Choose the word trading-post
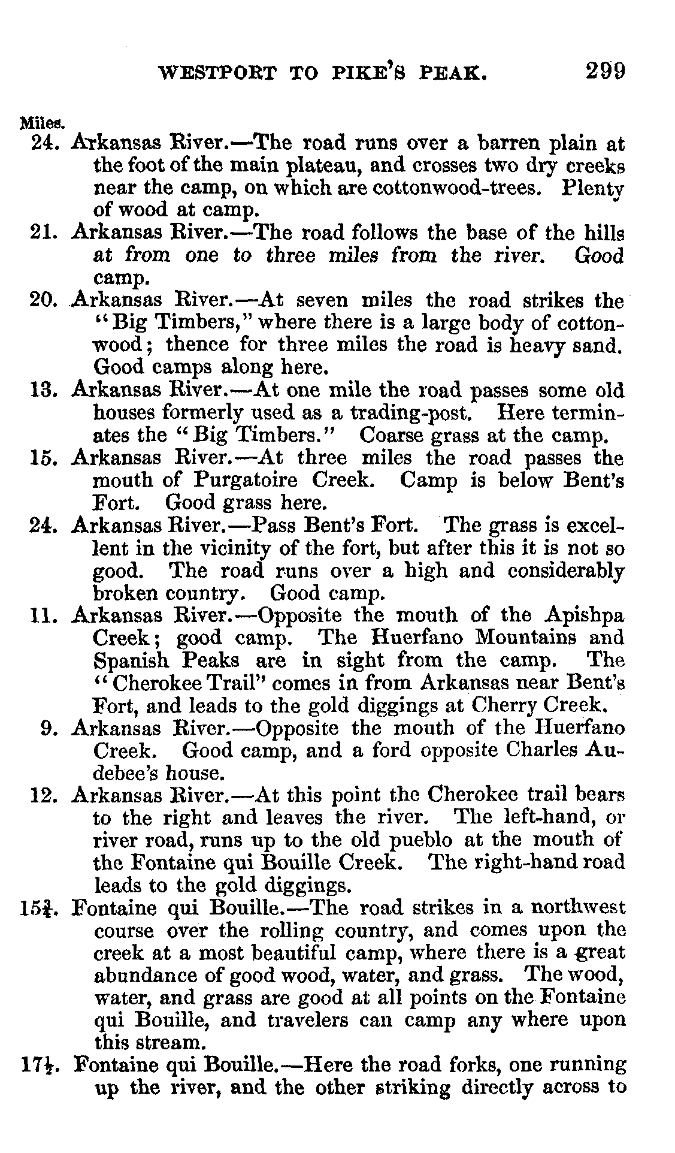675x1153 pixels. click(x=408, y=413)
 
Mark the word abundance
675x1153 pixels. click(x=146, y=976)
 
